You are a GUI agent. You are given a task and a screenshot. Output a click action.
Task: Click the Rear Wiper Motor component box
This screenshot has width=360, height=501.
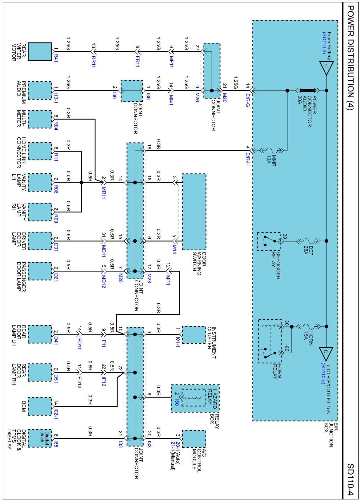click(x=40, y=51)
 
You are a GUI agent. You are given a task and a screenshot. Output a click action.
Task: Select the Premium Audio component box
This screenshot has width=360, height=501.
click(x=40, y=91)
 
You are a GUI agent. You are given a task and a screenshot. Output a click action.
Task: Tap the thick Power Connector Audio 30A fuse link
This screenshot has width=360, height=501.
click(x=307, y=91)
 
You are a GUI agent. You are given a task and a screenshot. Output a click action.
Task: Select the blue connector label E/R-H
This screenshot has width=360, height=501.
click(x=247, y=159)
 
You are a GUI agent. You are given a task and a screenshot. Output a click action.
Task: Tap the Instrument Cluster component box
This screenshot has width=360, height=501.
click(x=194, y=334)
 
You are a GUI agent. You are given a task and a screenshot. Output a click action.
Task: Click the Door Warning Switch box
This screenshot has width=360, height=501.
click(x=194, y=212)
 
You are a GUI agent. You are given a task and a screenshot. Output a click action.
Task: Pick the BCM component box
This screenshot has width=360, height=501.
click(x=40, y=406)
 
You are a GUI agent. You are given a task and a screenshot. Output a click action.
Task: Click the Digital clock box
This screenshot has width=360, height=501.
click(x=40, y=438)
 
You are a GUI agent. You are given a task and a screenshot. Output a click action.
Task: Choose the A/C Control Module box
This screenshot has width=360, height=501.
click(x=194, y=438)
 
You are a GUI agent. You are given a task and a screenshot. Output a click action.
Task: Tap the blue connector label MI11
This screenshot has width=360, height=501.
click(x=168, y=280)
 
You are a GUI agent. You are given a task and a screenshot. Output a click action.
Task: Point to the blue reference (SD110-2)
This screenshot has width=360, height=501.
click(x=324, y=43)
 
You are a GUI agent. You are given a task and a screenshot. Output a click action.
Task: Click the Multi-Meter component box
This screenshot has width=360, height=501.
click(x=40, y=119)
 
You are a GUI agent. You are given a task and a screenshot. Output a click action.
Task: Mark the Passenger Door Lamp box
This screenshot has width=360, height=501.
click(x=40, y=271)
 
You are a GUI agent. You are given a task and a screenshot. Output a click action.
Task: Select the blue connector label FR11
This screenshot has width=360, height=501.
click(x=138, y=61)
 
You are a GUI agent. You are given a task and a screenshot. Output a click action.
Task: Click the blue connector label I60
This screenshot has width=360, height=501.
click(x=177, y=402)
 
